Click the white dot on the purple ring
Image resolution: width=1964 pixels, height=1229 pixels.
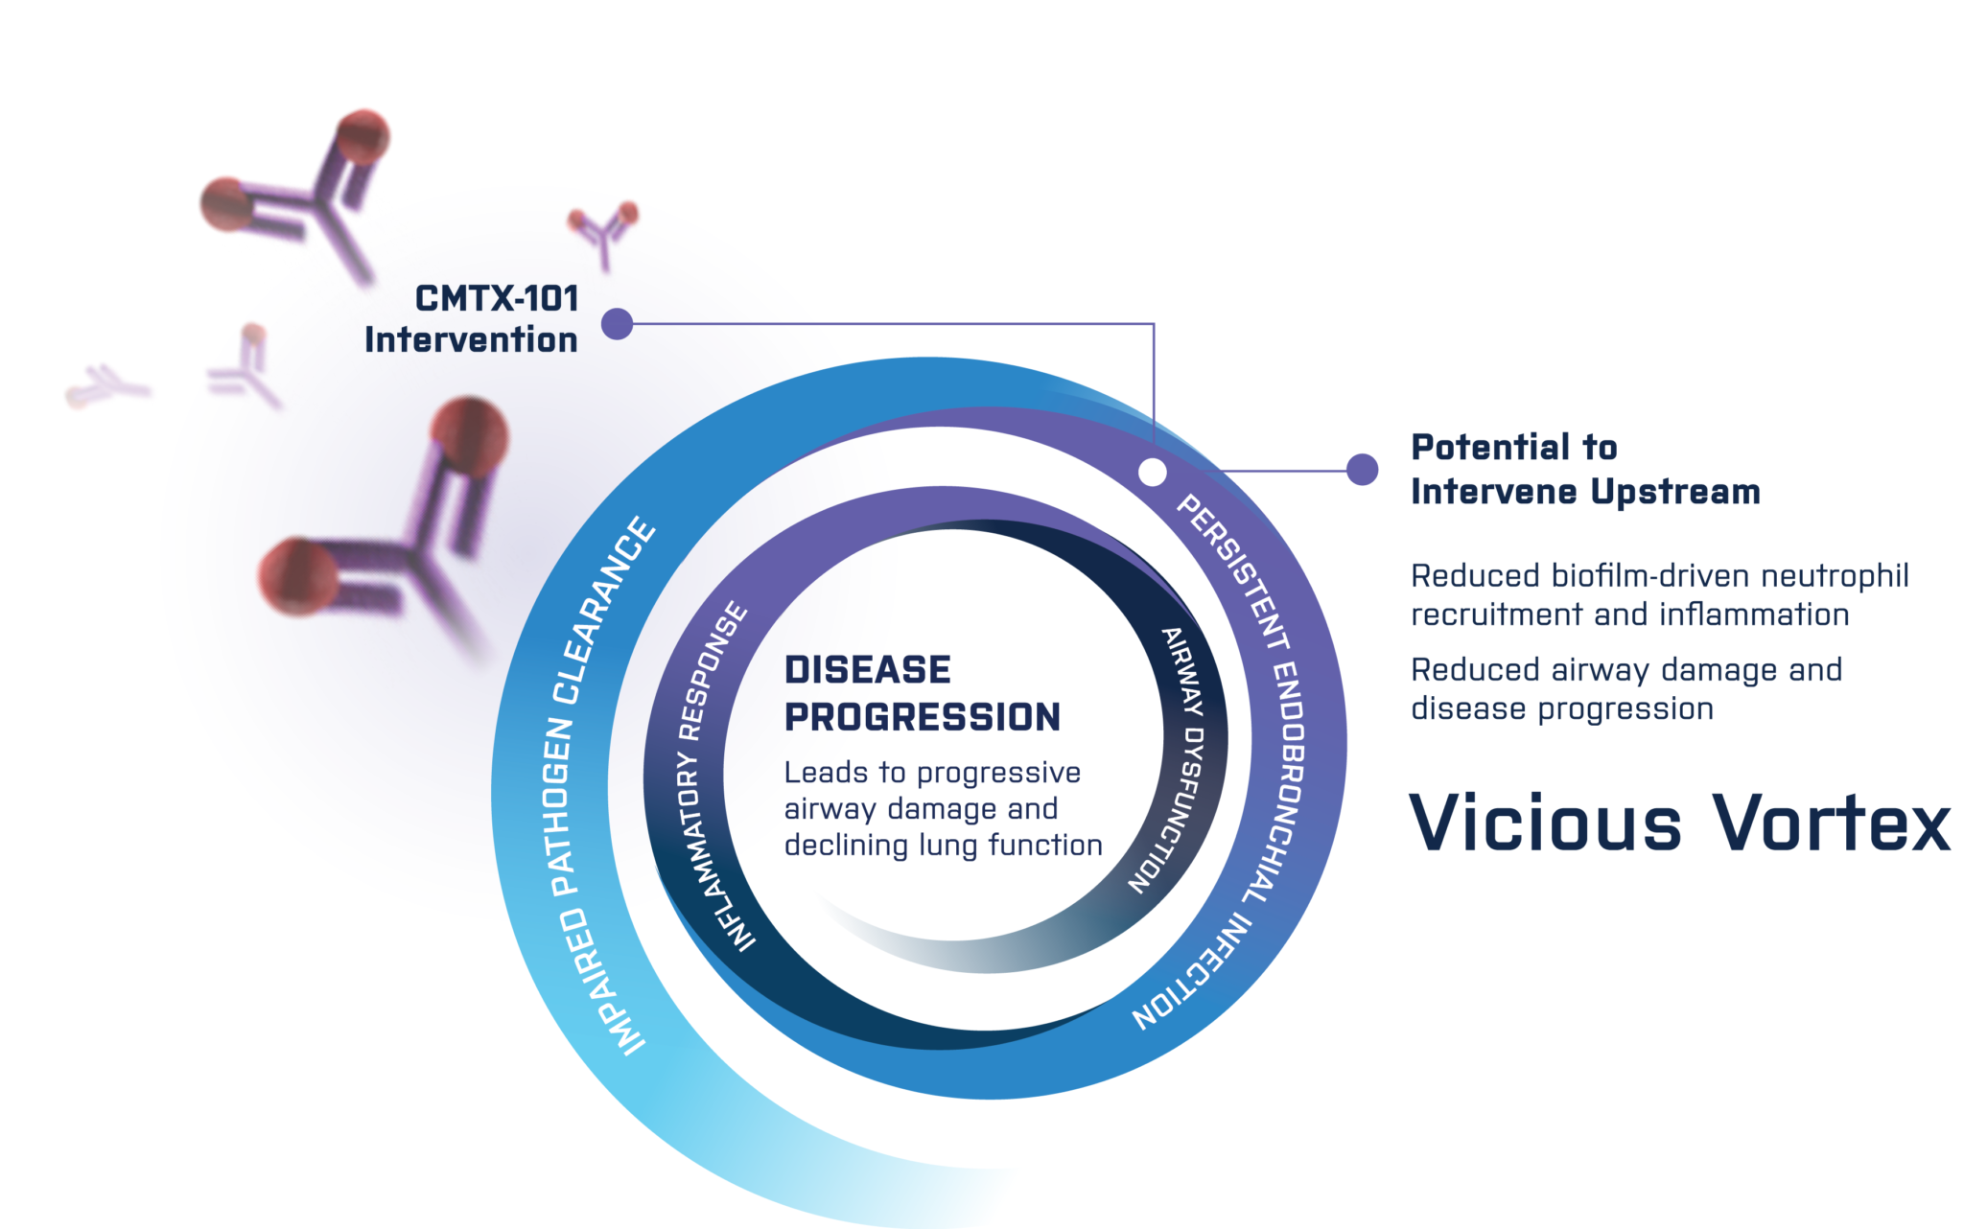(x=1152, y=472)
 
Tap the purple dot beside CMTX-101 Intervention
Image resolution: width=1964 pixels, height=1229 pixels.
(x=617, y=324)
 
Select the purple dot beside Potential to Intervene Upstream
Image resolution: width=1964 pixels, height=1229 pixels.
(x=1362, y=470)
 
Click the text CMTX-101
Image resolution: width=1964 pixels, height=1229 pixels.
(x=497, y=298)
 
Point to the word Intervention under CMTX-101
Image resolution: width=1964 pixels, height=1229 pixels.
(x=471, y=339)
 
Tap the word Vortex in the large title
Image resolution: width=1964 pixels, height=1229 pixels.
(x=1832, y=823)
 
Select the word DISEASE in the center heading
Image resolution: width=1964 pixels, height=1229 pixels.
(x=868, y=669)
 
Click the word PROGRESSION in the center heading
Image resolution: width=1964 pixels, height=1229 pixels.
(x=923, y=717)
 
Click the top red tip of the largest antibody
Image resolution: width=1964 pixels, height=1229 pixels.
(x=469, y=434)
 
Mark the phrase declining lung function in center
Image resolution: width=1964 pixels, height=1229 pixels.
(x=943, y=846)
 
